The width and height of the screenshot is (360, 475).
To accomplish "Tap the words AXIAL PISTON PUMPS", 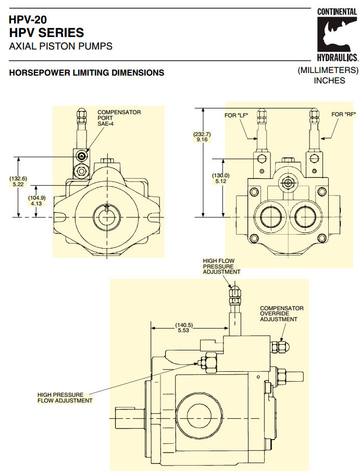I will point(61,46).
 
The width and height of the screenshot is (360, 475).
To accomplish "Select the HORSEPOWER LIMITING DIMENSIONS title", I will point(86,73).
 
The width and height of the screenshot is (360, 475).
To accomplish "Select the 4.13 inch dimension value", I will point(37,203).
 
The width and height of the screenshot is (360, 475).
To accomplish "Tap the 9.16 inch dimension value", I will point(202,140).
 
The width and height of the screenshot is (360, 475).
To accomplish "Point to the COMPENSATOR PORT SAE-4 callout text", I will point(119,118).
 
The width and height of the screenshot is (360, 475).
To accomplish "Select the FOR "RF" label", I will point(341,114).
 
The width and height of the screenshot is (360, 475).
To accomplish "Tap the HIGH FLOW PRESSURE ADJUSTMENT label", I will point(221,265).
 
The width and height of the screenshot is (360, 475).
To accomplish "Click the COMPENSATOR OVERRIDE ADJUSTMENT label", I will point(282,313).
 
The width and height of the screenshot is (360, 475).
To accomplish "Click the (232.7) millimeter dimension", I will point(202,133).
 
